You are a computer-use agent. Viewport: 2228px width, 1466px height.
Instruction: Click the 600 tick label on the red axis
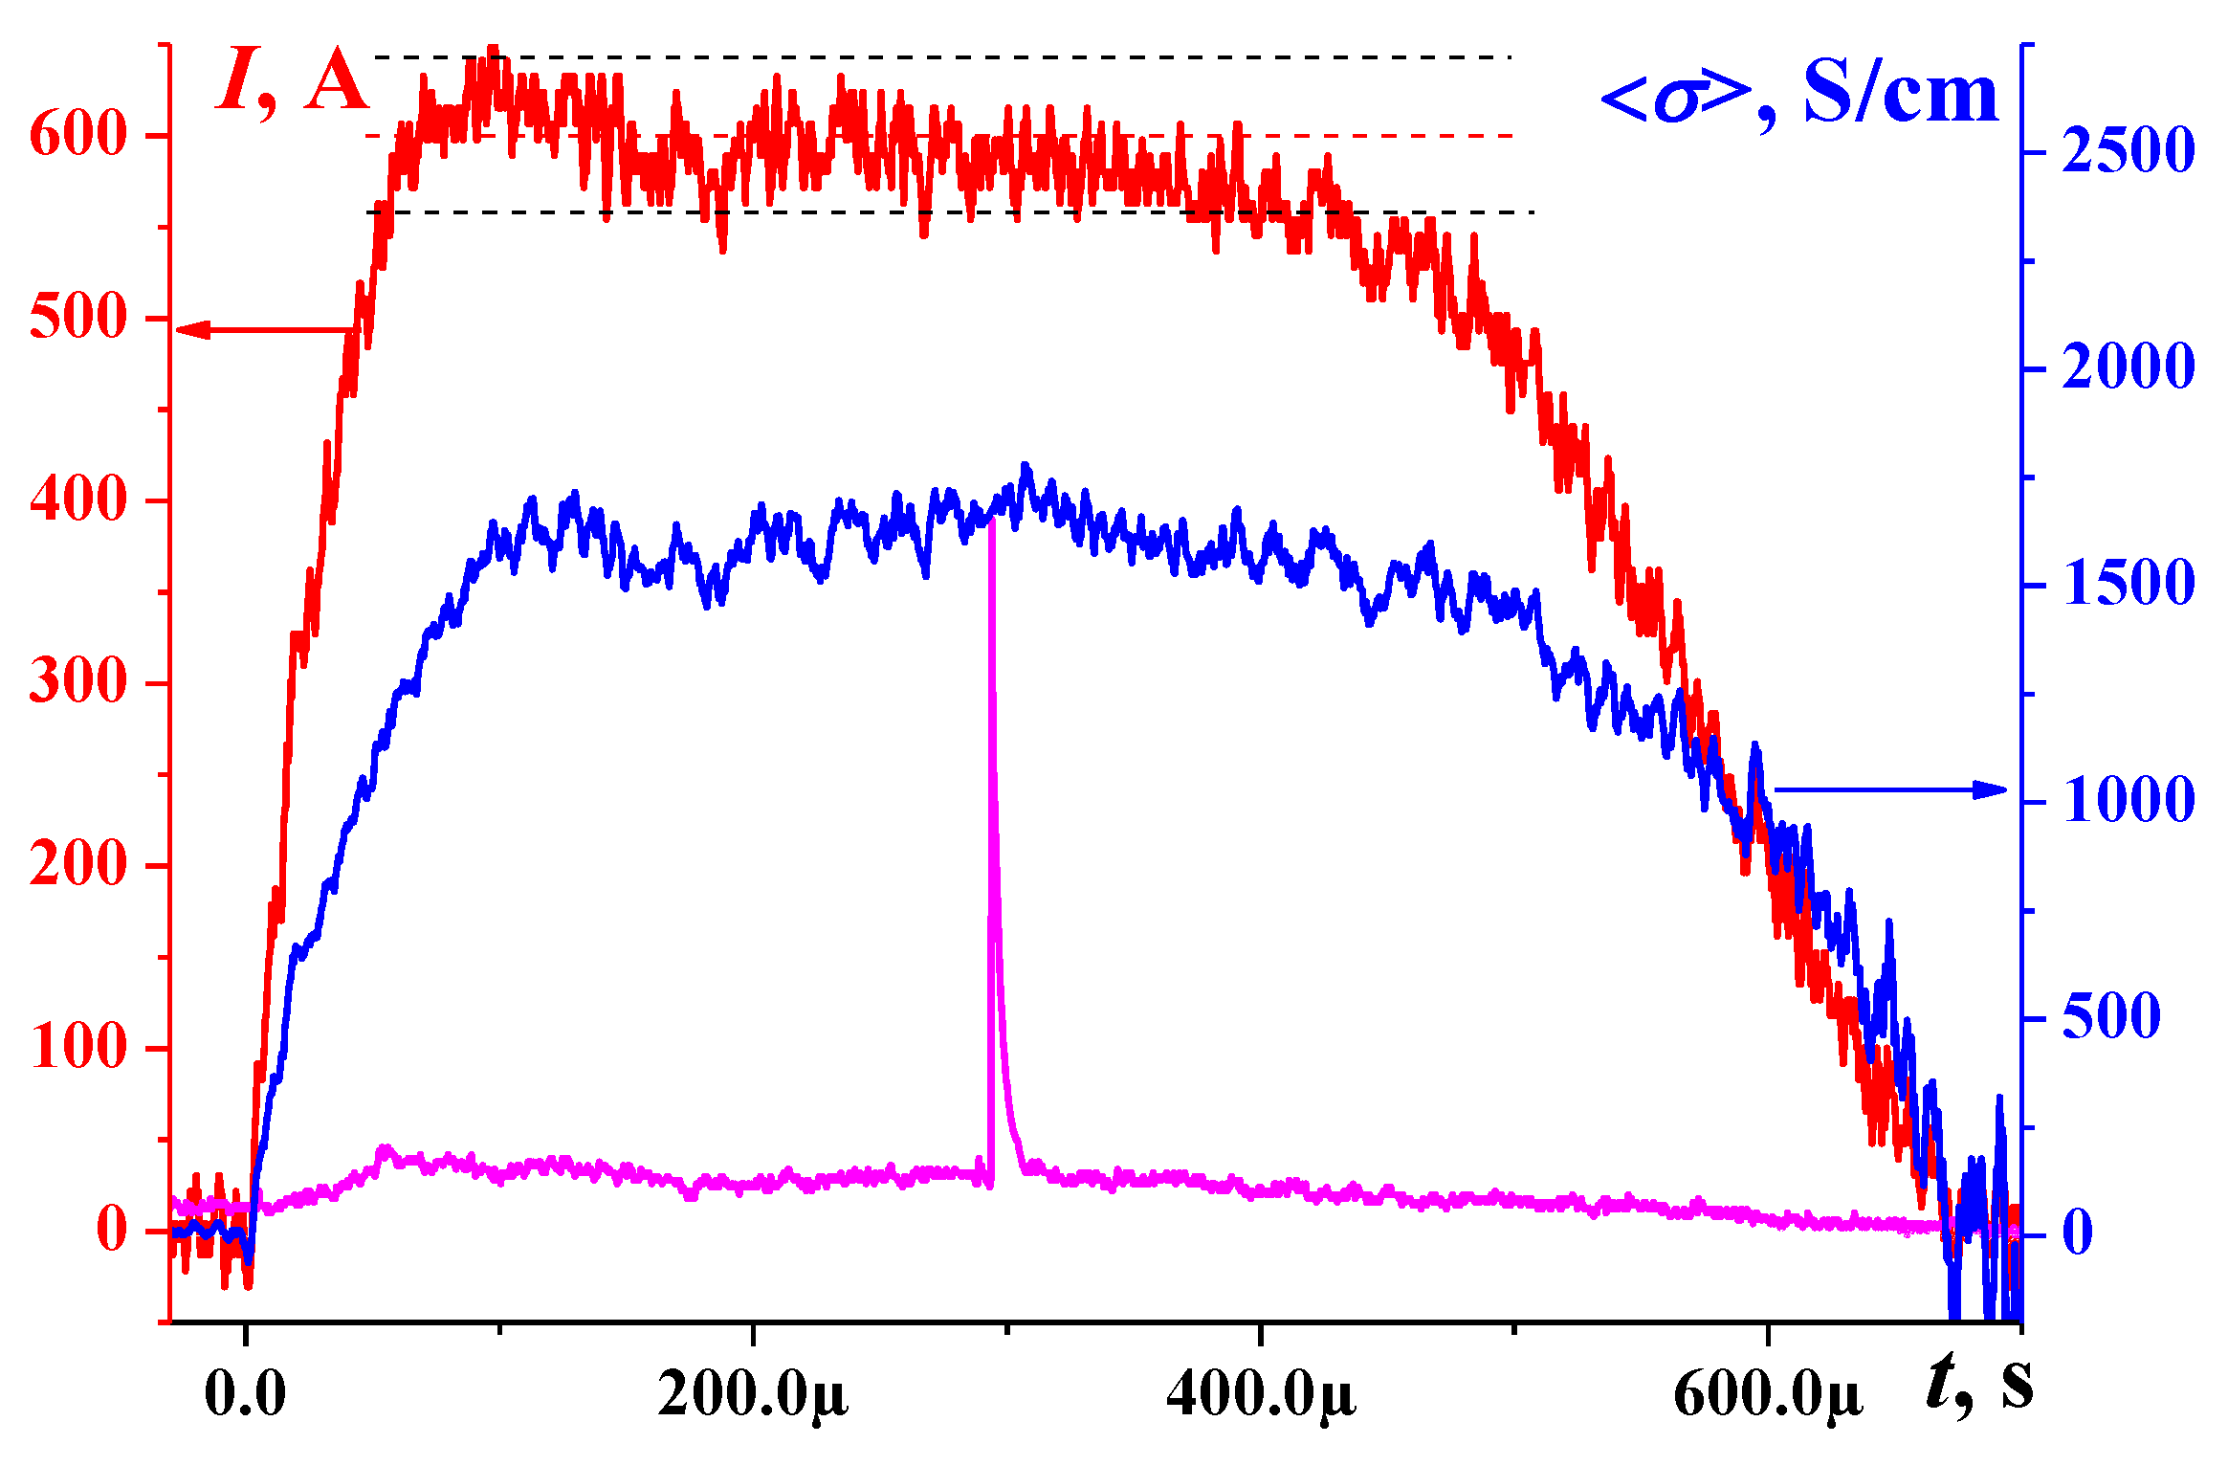click(x=78, y=134)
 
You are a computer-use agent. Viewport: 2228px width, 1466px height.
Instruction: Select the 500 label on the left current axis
click(x=78, y=318)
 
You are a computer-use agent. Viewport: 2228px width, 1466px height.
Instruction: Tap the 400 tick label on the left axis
click(x=78, y=500)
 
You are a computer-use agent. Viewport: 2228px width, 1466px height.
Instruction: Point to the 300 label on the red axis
click(x=78, y=683)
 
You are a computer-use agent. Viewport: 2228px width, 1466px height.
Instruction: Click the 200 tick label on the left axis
click(x=78, y=866)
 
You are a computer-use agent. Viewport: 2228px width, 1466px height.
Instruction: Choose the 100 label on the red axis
click(x=78, y=1048)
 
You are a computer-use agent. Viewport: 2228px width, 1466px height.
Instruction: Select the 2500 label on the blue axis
click(x=2128, y=151)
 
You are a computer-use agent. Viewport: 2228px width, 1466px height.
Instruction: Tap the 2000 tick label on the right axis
click(x=2128, y=368)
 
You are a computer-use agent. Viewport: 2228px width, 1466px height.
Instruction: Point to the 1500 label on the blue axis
click(x=2128, y=585)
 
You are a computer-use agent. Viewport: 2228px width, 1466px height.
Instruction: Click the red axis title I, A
click(x=293, y=84)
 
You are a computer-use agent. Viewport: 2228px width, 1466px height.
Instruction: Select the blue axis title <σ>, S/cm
click(x=1799, y=96)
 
